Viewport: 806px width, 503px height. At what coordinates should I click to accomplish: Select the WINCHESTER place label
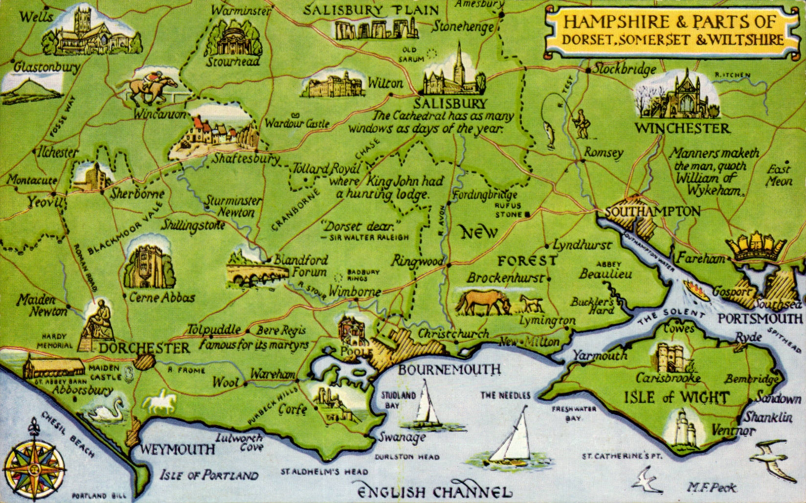click(x=682, y=129)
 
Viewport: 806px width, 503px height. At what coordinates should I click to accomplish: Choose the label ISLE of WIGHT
click(x=676, y=397)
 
